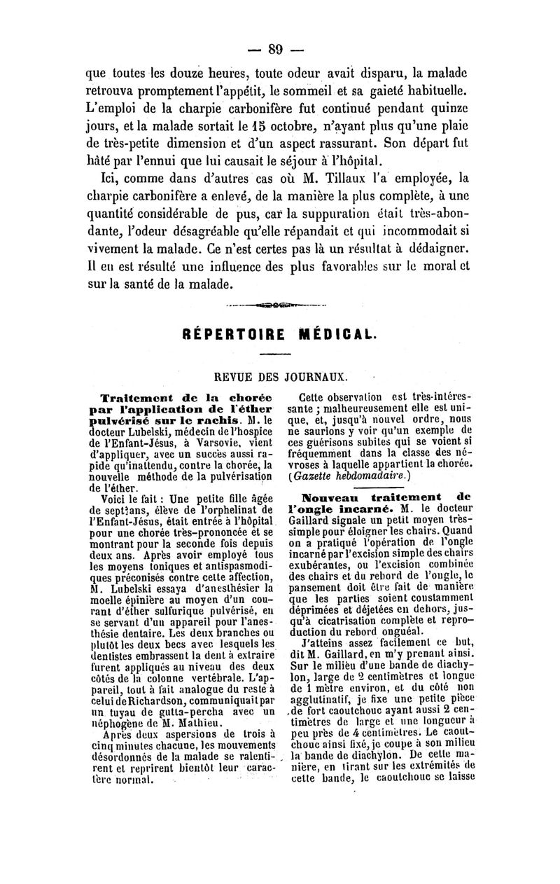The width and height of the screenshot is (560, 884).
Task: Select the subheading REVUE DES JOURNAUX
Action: [279, 377]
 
